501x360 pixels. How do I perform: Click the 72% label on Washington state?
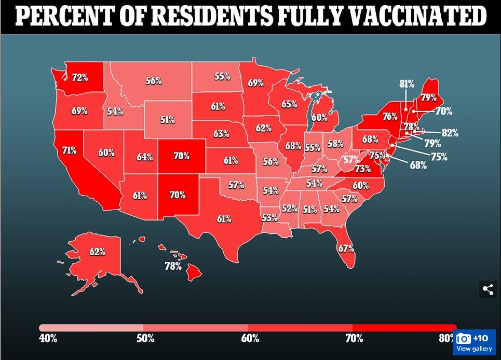(80, 78)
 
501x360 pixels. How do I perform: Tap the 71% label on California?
(69, 150)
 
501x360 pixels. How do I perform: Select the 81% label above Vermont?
(407, 83)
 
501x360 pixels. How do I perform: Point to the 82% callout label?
(450, 133)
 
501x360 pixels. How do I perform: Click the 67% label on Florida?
(346, 248)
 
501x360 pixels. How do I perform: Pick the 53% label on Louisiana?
(269, 218)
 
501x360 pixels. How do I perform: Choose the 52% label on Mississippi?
(290, 209)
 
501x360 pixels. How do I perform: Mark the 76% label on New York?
(390, 117)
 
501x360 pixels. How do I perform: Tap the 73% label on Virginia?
(363, 169)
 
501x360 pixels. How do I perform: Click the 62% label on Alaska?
(97, 252)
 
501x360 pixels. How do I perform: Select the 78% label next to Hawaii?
(173, 266)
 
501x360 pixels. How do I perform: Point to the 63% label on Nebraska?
(221, 133)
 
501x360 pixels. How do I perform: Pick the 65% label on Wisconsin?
(289, 104)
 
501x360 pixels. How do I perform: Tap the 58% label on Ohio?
(335, 143)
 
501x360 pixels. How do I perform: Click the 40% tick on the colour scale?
(48, 339)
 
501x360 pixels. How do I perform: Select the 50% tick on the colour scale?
(145, 339)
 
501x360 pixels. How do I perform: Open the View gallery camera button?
(474, 342)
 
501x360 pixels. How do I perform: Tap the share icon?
(488, 289)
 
